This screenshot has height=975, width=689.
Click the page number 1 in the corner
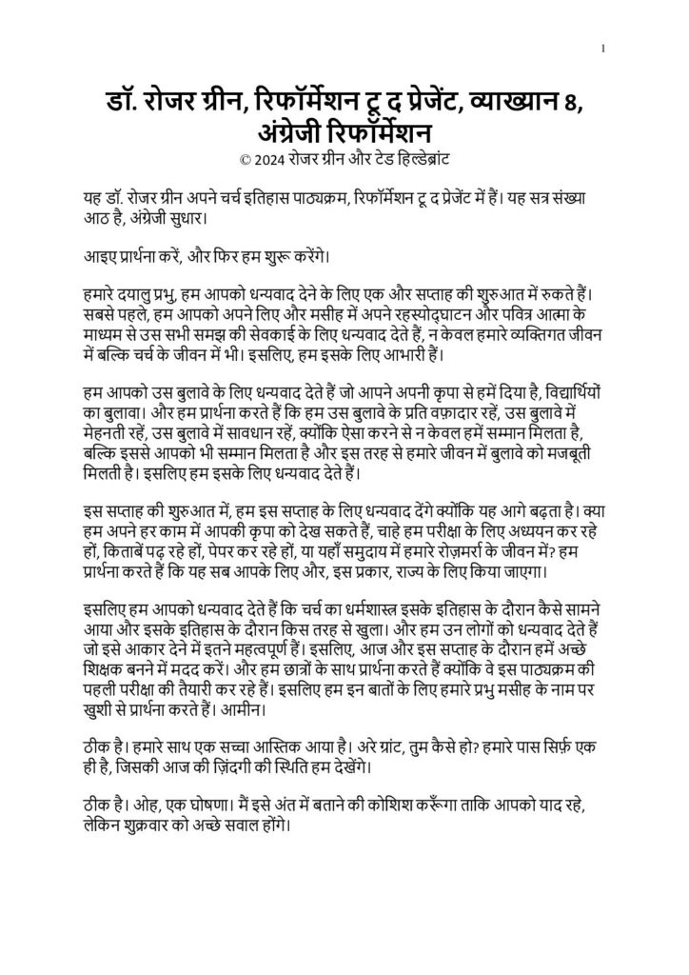603,50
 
